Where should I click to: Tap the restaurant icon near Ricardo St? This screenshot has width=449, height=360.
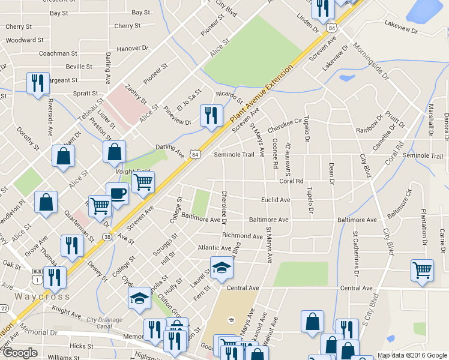pyautogui.click(x=211, y=115)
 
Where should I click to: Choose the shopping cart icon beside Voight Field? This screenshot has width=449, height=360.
pyautogui.click(x=143, y=182)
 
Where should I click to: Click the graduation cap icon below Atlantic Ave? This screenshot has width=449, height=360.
pyautogui.click(x=221, y=268)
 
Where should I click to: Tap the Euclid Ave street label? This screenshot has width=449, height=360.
pyautogui.click(x=276, y=200)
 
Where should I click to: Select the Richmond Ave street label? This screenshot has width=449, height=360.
pyautogui.click(x=243, y=236)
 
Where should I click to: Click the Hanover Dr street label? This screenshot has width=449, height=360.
pyautogui.click(x=133, y=48)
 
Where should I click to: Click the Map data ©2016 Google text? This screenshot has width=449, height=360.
pyautogui.click(x=411, y=355)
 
